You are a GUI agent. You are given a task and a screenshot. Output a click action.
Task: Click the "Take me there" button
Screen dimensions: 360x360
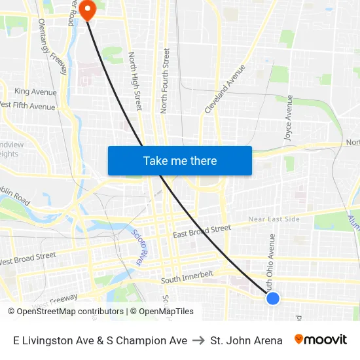180,160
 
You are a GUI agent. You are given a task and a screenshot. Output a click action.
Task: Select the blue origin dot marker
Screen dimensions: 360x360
273,298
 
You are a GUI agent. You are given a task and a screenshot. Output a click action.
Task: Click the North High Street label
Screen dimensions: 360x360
135,81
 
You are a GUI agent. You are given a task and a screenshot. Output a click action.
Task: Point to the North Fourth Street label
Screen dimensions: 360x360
165,81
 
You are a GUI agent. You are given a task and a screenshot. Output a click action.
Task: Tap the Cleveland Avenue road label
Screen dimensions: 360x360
225,88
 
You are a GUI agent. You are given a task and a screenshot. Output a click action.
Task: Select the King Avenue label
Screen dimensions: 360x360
35,92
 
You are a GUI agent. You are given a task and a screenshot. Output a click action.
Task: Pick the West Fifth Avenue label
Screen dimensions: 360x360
27,105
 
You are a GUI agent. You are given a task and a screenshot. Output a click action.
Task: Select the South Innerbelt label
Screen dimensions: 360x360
187,278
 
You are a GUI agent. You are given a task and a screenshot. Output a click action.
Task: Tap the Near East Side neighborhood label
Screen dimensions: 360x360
274,219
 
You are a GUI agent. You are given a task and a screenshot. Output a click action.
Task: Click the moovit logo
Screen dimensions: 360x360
320,340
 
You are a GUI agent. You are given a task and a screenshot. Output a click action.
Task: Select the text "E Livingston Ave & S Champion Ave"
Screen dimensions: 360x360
100,340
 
